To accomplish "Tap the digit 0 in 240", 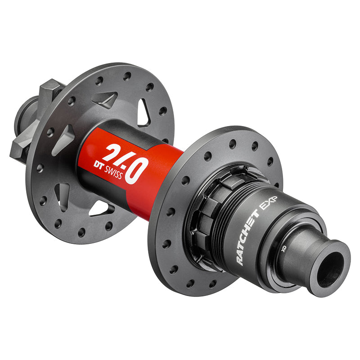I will [x=137, y=171].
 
